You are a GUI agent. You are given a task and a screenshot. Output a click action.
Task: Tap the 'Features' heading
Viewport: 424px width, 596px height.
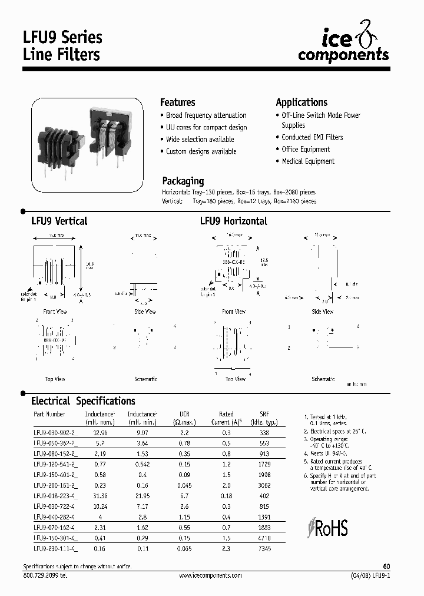(177, 102)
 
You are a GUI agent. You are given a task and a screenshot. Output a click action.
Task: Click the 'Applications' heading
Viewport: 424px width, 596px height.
(302, 102)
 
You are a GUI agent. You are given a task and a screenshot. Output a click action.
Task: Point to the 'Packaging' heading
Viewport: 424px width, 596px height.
(183, 181)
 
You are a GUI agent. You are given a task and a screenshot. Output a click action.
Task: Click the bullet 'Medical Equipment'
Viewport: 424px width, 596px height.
(307, 161)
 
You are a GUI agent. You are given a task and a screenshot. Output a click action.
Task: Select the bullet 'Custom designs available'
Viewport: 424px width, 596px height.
(201, 151)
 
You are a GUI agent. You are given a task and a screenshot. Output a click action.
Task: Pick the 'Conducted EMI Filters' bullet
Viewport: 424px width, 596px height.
(312, 137)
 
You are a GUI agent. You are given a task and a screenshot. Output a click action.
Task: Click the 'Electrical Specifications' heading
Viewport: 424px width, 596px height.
(83, 401)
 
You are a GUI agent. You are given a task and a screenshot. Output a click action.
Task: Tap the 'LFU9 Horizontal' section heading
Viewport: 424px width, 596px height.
(233, 221)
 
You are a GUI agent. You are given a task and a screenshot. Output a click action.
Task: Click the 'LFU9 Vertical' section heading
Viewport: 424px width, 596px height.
(59, 221)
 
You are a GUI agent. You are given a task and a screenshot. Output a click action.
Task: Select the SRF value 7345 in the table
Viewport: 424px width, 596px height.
(264, 548)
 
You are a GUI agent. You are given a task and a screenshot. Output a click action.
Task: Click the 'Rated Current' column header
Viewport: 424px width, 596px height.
(226, 418)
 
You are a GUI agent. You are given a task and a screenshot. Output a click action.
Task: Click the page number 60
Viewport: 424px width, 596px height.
(386, 566)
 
